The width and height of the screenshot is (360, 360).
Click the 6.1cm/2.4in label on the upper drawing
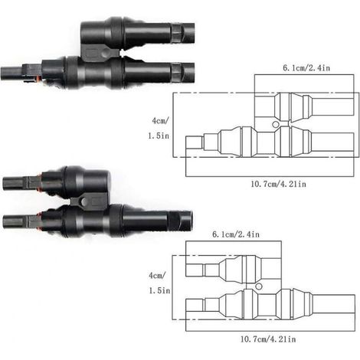[x=306, y=68]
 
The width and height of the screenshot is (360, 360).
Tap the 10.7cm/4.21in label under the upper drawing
[x=278, y=184]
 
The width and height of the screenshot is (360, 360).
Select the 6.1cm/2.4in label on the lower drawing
[x=236, y=234]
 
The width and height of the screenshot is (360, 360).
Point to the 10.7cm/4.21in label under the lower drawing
[x=268, y=339]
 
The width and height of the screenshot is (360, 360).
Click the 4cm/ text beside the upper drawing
[x=160, y=120]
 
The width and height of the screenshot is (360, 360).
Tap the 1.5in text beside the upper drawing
[x=159, y=136]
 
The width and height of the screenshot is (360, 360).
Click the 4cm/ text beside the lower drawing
[x=157, y=275]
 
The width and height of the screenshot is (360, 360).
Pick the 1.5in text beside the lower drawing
[x=159, y=290]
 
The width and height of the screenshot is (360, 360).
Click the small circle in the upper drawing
[x=276, y=125]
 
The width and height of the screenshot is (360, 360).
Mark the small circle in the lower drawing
[x=259, y=286]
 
